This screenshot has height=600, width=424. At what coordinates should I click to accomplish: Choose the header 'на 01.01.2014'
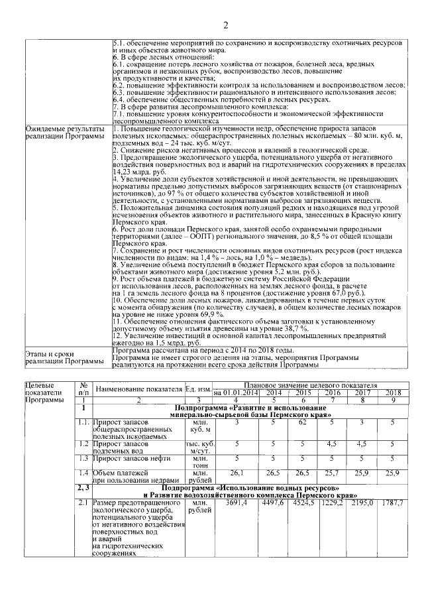(x=236, y=392)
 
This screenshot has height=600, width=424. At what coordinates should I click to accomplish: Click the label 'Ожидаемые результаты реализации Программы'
(x=64, y=132)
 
